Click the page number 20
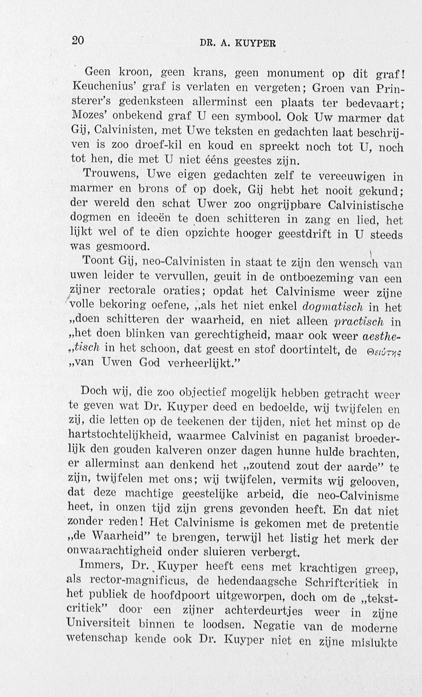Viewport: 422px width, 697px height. [x=78, y=41]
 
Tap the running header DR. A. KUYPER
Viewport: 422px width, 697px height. [x=237, y=43]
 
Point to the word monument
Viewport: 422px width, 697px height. [x=295, y=73]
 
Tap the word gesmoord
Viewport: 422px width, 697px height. [x=123, y=247]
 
